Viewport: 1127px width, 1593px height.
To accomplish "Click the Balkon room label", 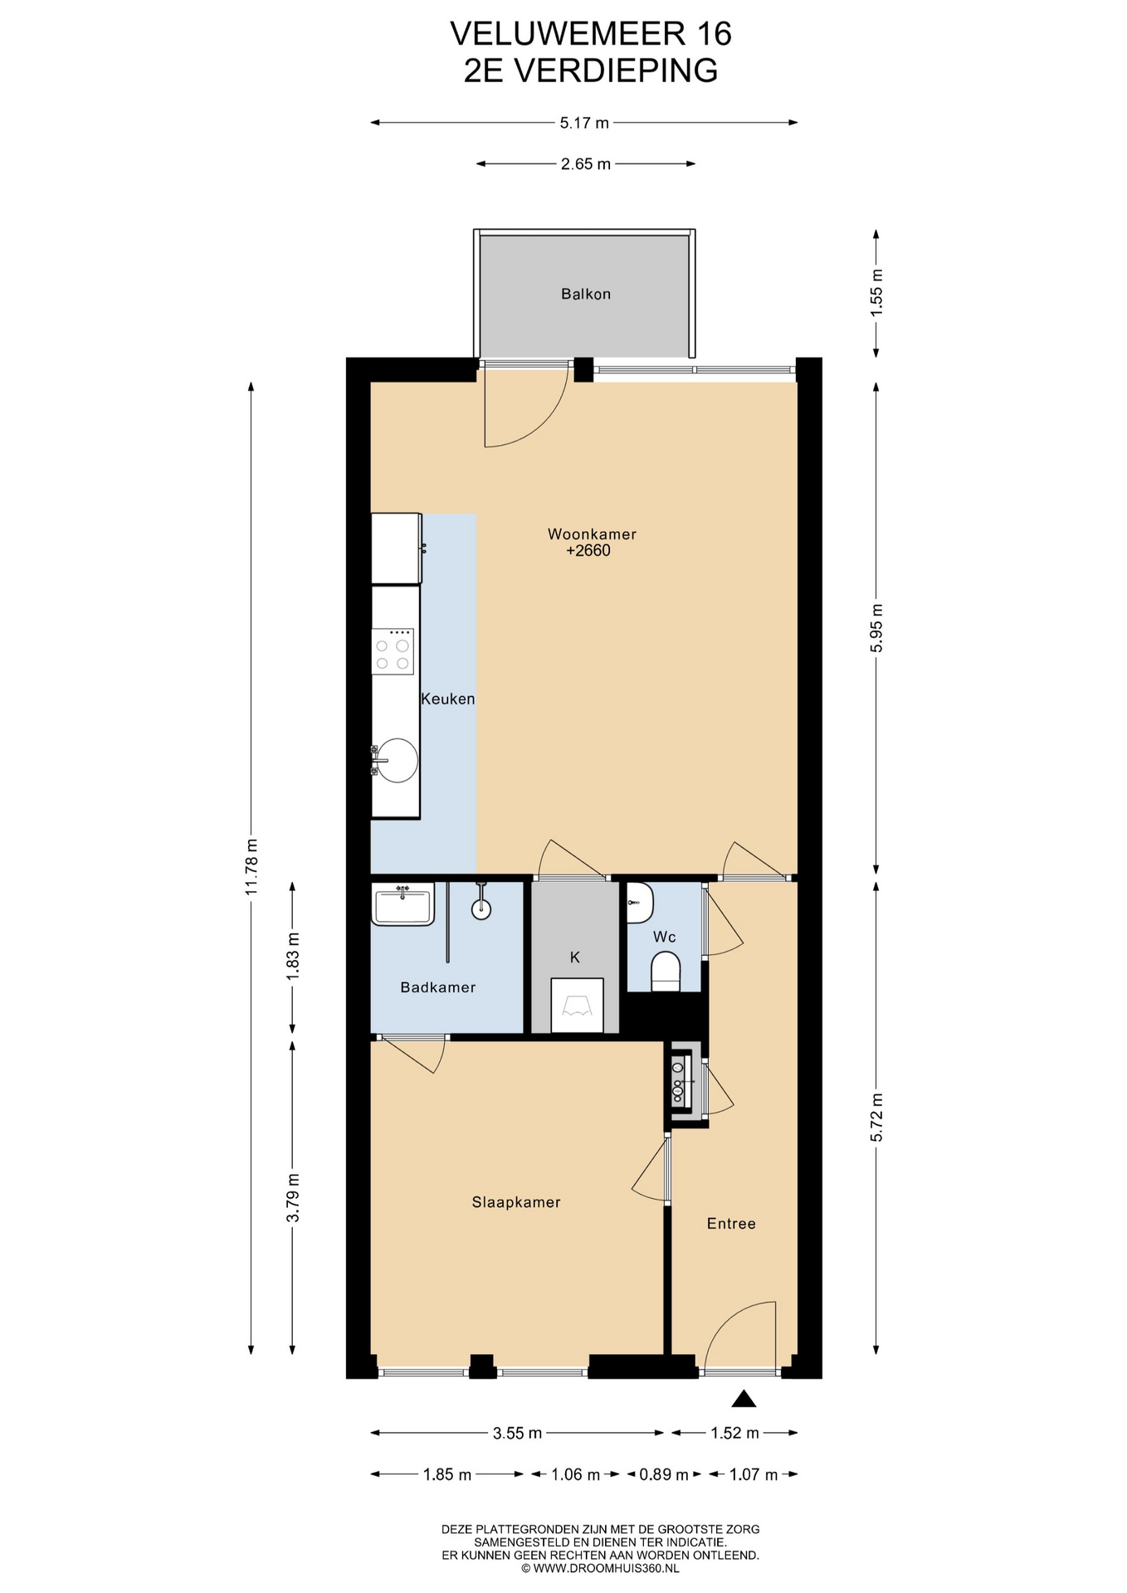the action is (x=585, y=294).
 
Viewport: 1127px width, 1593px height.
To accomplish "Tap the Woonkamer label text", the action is (x=592, y=534).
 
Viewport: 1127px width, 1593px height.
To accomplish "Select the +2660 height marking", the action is (x=588, y=550).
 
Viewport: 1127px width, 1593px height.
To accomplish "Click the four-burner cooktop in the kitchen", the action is (x=393, y=651).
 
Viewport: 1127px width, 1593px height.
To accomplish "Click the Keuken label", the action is (x=448, y=699).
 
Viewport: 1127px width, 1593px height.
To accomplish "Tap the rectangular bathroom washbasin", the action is (x=402, y=904).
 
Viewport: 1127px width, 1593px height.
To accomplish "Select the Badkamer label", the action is (x=437, y=987).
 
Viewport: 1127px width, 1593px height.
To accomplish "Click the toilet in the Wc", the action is (x=666, y=972).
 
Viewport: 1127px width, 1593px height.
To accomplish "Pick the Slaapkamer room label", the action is (x=516, y=1202).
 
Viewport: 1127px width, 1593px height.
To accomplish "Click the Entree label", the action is (x=731, y=1224).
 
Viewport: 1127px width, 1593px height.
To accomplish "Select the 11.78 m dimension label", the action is (x=251, y=866).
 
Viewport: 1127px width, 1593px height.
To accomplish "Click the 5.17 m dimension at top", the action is (x=584, y=123).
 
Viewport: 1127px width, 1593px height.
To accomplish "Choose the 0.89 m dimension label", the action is (x=664, y=1474).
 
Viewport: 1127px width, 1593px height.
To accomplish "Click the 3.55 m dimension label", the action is (x=517, y=1433).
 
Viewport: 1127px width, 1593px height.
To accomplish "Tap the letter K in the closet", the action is (x=574, y=957).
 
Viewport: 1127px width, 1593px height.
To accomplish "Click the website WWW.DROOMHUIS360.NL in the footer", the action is (x=606, y=1568).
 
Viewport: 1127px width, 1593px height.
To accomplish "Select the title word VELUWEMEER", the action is (x=568, y=34).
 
